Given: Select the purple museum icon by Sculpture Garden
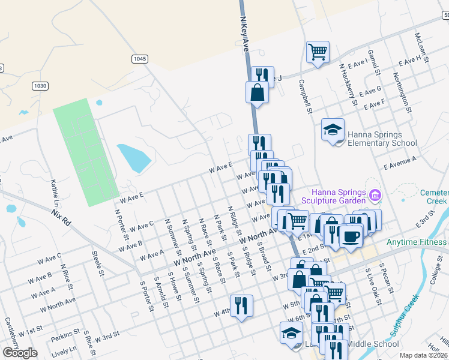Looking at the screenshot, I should pyautogui.click(x=376, y=195).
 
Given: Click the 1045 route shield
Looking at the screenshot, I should pyautogui.click(x=139, y=58).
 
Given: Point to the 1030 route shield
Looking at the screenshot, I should pyautogui.click(x=40, y=86).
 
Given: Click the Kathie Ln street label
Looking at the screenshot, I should pyautogui.click(x=55, y=190).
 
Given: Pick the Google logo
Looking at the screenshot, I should pyautogui.click(x=20, y=353).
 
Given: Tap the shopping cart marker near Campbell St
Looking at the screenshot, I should pyautogui.click(x=318, y=52).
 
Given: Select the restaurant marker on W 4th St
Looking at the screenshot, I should pyautogui.click(x=241, y=305).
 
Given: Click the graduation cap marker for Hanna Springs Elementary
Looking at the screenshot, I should pyautogui.click(x=333, y=130).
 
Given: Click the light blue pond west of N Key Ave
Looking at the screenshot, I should pyautogui.click(x=133, y=158).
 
